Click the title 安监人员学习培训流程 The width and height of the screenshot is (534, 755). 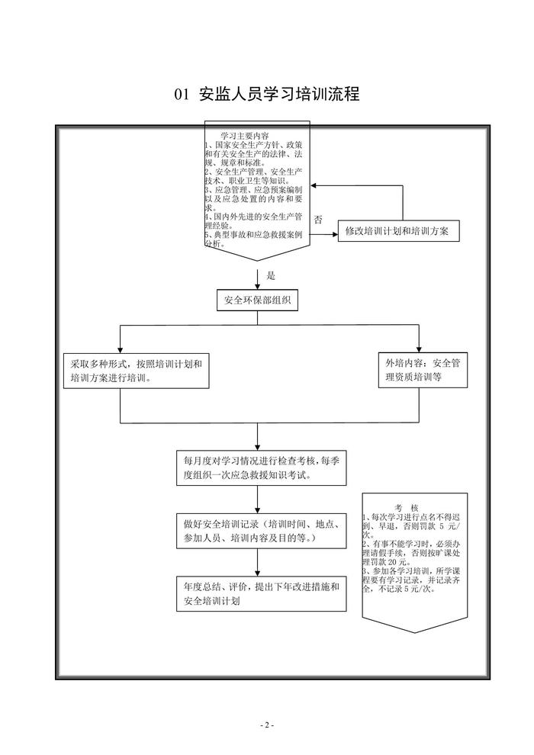(x=278, y=95)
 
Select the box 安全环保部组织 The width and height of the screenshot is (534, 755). (x=256, y=301)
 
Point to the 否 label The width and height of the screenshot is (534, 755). (x=318, y=220)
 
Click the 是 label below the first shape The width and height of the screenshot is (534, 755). (x=271, y=276)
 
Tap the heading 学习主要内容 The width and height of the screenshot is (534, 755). (x=239, y=135)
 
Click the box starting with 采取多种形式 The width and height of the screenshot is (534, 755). (x=135, y=370)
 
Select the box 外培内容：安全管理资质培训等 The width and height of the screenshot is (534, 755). (x=423, y=370)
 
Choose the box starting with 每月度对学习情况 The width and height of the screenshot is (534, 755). (x=259, y=467)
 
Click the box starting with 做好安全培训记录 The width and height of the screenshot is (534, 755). (x=259, y=532)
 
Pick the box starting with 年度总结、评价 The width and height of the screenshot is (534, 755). (x=259, y=593)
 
